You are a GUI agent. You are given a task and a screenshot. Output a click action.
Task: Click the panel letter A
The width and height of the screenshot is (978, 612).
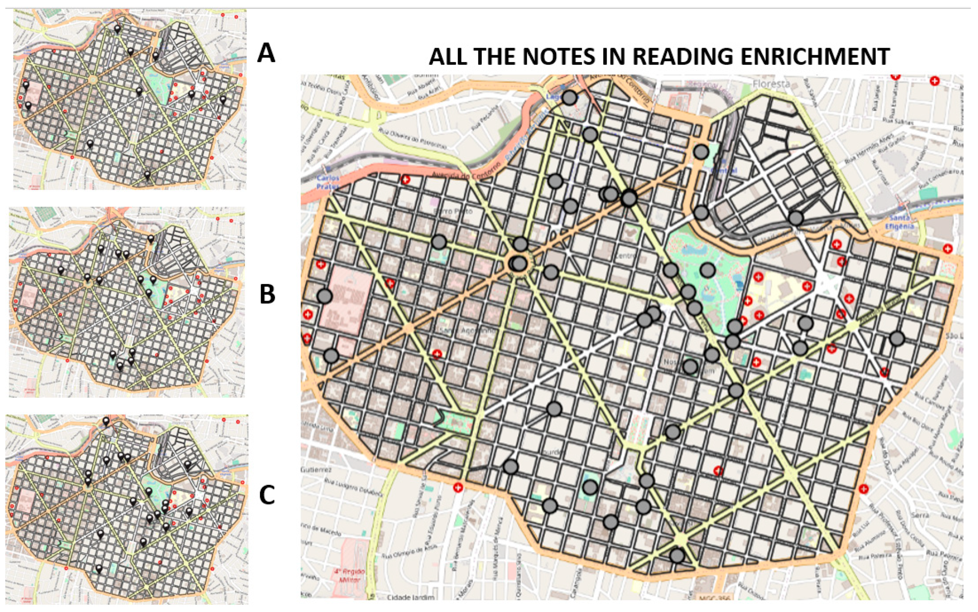[266, 53]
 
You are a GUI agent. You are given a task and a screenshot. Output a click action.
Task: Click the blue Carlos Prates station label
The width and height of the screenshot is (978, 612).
[328, 182]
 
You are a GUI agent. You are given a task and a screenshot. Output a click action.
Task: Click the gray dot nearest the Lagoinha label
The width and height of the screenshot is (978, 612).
[569, 97]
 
